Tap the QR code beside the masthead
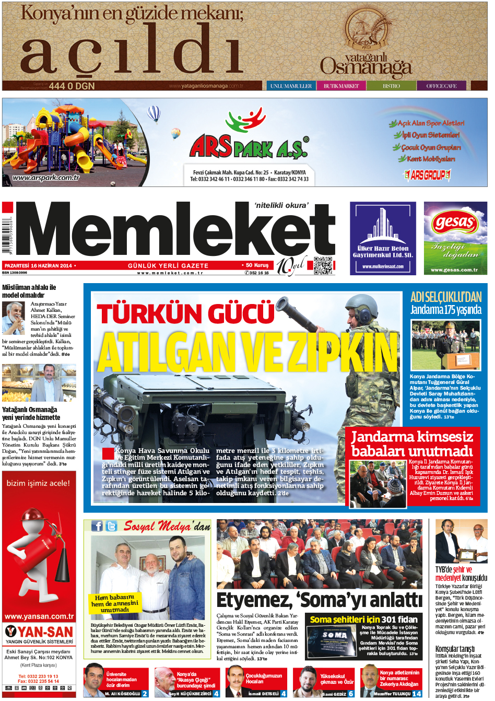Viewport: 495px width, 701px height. point(323,265)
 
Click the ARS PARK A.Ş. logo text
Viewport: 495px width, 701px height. point(248,147)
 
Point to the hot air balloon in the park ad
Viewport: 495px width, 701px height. point(154,113)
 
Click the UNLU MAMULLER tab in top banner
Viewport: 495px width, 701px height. point(291,86)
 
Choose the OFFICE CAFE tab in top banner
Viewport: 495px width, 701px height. point(441,86)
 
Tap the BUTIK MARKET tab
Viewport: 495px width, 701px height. point(341,86)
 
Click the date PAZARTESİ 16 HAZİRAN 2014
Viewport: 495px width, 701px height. point(38,266)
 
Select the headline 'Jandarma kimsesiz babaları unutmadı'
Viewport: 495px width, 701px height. point(412,443)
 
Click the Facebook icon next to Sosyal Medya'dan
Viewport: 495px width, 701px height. point(97,526)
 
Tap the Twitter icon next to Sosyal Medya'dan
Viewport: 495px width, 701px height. point(111,526)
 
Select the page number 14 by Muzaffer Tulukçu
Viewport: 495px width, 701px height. point(417,694)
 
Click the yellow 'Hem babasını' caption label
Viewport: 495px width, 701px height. point(115,603)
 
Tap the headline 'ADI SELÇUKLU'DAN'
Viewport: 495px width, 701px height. point(446,297)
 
